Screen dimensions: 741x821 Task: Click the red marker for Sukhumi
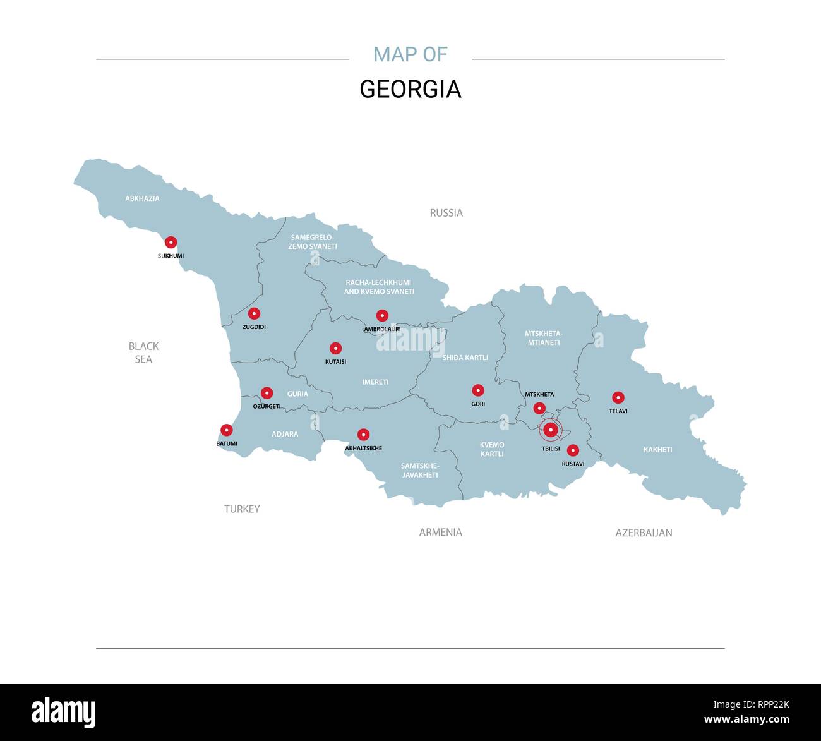click(x=171, y=242)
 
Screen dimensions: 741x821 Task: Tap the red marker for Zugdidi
click(x=254, y=313)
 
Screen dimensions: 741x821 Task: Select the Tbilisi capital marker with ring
click(x=551, y=430)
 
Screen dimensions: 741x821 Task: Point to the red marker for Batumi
click(x=226, y=430)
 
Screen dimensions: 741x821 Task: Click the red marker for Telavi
click(x=618, y=397)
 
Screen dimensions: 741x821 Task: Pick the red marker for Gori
click(x=478, y=390)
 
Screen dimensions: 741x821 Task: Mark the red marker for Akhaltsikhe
click(x=363, y=435)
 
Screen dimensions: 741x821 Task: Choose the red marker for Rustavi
click(x=573, y=450)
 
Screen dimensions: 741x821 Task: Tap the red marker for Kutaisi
click(x=335, y=348)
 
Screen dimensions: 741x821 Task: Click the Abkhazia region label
click(x=142, y=198)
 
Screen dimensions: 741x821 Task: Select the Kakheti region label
click(x=657, y=450)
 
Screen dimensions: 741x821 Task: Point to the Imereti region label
click(x=375, y=382)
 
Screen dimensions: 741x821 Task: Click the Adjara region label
click(x=285, y=434)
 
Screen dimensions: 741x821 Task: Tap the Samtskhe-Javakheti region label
click(x=420, y=471)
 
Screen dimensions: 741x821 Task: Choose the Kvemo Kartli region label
click(x=492, y=449)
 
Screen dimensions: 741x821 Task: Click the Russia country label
click(x=446, y=213)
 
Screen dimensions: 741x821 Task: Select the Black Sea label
click(x=143, y=352)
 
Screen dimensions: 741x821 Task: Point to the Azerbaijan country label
click(x=644, y=533)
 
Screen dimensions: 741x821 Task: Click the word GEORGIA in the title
click(x=410, y=89)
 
